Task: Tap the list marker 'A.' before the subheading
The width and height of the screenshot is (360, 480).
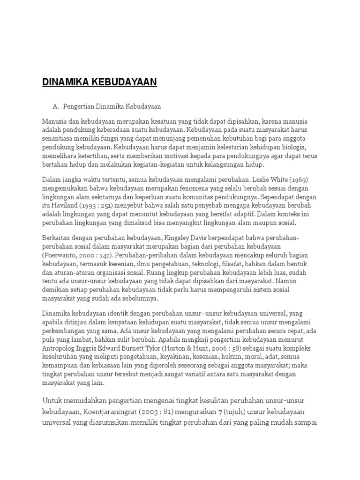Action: [x=58, y=106]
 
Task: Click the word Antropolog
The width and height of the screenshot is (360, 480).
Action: [x=61, y=349]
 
